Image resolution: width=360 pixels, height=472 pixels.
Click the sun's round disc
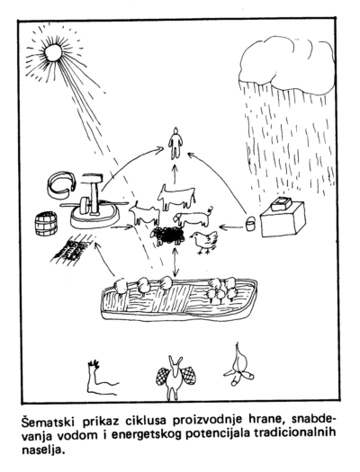coord(53,52)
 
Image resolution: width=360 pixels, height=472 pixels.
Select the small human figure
coord(175,142)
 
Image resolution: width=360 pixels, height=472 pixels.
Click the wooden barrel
coord(46,224)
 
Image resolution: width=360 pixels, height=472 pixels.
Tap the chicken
coord(204,241)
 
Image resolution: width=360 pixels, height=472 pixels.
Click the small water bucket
coord(250,223)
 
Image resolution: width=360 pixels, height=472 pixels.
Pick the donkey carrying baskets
coord(175,378)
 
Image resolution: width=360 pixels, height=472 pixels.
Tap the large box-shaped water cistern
coord(283,218)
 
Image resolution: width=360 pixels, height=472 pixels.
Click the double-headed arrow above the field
coord(175,262)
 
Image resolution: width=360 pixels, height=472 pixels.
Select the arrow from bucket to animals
coord(231,226)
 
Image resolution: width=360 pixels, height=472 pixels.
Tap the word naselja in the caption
coord(43,450)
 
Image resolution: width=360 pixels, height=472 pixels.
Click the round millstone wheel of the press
coord(85,205)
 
